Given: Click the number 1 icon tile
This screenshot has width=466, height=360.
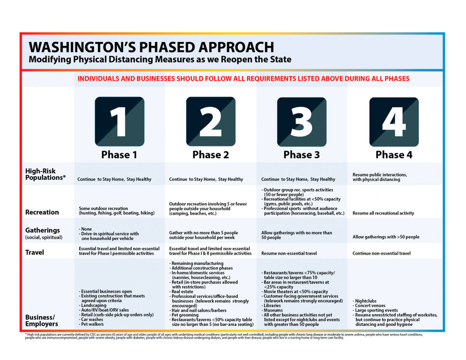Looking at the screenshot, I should (119, 121).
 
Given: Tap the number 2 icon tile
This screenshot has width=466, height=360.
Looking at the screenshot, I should (210, 121).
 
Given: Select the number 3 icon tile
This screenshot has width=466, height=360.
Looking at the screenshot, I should (301, 121).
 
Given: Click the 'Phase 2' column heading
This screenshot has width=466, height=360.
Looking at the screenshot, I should (210, 155).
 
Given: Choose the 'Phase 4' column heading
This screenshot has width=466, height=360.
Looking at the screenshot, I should (394, 155).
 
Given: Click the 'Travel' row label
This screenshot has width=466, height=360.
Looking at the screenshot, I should (35, 253).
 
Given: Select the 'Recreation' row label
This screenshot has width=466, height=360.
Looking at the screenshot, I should (42, 212).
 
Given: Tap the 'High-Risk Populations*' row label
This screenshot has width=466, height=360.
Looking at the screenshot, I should (45, 174).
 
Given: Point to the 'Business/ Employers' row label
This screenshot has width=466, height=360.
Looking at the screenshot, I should (42, 321).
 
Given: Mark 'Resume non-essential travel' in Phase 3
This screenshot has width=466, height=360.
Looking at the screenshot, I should (289, 253).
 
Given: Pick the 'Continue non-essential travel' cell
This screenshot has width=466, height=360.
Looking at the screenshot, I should (381, 253).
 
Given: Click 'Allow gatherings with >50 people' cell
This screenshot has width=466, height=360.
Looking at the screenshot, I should (386, 237).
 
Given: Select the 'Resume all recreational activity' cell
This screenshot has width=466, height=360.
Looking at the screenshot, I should (383, 213).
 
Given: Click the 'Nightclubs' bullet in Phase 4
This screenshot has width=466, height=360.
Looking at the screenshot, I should (366, 301).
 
